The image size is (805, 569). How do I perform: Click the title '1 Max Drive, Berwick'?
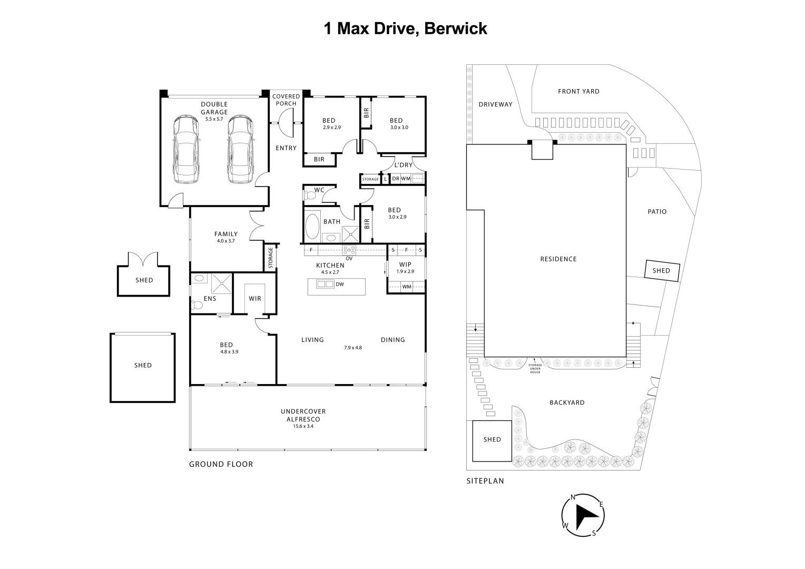[405, 28]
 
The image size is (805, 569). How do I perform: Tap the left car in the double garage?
[186, 149]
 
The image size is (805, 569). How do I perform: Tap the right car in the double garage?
[240, 149]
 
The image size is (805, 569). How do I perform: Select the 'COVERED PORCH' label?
[286, 100]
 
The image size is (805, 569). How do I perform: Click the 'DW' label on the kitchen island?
[340, 284]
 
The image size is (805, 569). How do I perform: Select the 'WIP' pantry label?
[405, 264]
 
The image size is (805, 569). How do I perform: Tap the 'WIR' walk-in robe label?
[255, 299]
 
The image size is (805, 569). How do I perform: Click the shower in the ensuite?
[221, 284]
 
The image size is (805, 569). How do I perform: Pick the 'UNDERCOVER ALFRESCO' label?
[303, 415]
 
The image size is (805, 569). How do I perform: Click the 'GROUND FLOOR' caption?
[221, 464]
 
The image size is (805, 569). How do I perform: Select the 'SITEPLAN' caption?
[485, 481]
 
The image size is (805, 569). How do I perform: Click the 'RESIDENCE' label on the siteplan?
[558, 259]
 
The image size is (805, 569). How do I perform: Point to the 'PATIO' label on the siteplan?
[657, 211]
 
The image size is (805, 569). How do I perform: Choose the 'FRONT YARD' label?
[578, 91]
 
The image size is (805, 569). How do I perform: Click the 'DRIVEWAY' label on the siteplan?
[495, 104]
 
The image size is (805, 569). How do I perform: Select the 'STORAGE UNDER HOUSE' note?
[535, 368]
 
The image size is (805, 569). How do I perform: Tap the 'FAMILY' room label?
[226, 234]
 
